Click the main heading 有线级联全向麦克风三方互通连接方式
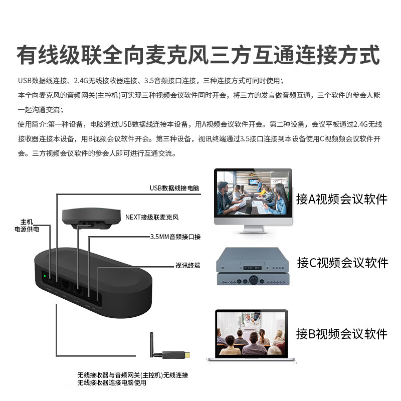click(198, 54)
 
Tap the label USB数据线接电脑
click(174, 188)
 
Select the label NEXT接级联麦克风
click(151, 218)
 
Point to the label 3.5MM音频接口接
click(175, 237)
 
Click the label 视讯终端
click(187, 265)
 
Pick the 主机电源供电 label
click(27, 225)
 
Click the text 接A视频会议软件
click(341, 199)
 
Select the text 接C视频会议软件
click(342, 262)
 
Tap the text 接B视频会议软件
click(341, 333)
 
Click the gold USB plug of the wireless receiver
click(186, 355)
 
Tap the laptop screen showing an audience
click(251, 332)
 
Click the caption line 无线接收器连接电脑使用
click(112, 383)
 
